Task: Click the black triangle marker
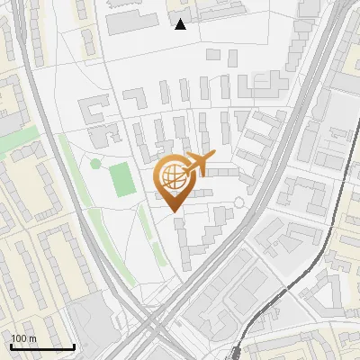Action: (181, 24)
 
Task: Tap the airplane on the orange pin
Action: (197, 164)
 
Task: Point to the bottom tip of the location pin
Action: (173, 212)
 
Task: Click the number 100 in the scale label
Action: (18, 337)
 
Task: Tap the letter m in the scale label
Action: (32, 337)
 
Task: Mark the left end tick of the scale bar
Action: (10, 346)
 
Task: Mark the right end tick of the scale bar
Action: (74, 346)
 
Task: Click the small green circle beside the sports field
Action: (95, 164)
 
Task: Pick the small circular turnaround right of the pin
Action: (238, 203)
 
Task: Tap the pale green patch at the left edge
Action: (22, 144)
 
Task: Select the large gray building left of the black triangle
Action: (132, 22)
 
